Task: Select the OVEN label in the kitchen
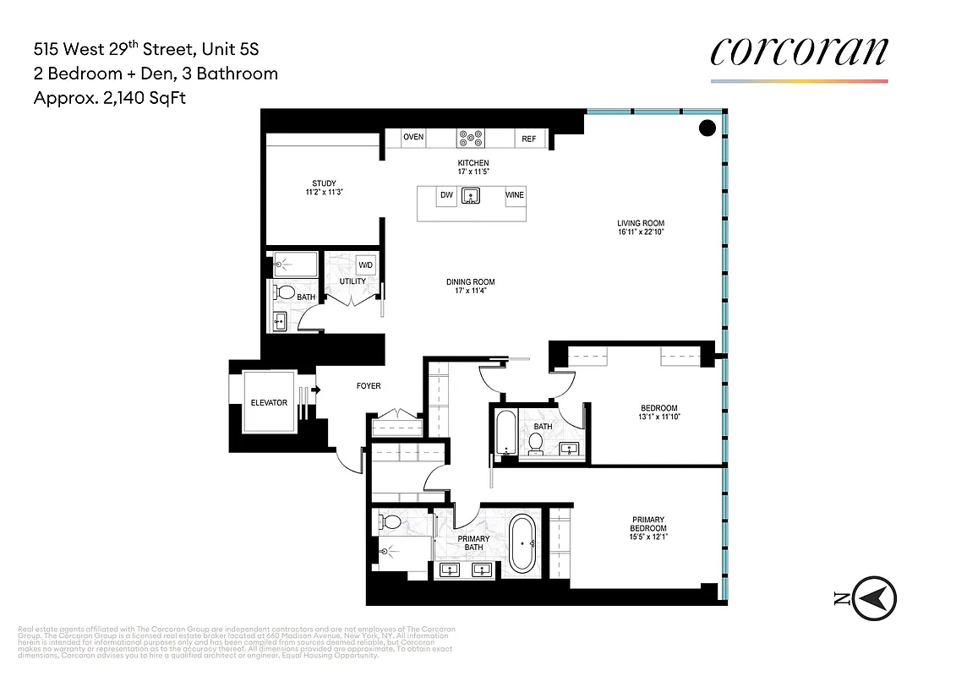(x=413, y=138)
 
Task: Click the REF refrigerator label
(x=528, y=139)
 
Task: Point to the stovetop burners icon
(x=469, y=138)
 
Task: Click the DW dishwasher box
(x=447, y=195)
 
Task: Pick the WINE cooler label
(x=514, y=195)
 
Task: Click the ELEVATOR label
(x=268, y=403)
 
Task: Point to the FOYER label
(x=369, y=386)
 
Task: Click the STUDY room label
(x=324, y=183)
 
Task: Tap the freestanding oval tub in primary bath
(x=522, y=543)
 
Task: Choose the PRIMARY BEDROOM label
(x=647, y=525)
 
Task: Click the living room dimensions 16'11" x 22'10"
(x=647, y=232)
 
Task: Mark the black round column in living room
(x=707, y=128)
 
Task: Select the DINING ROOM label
(x=471, y=282)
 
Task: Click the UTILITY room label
(x=352, y=281)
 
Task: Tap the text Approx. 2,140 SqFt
(x=109, y=98)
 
